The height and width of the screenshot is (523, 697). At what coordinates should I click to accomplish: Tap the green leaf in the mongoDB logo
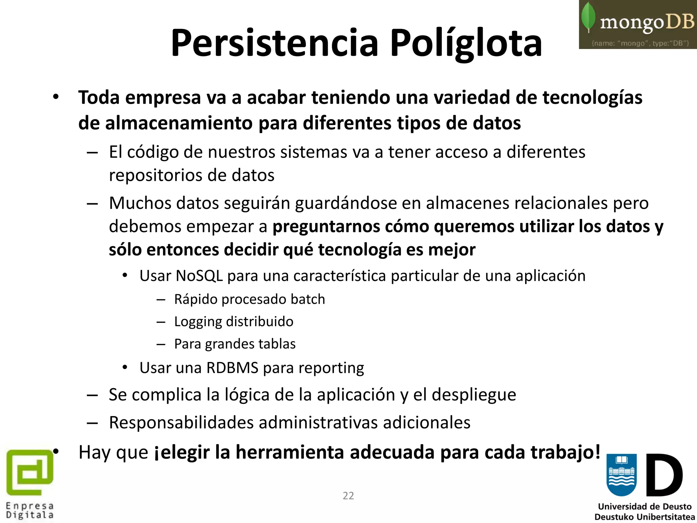pos(588,17)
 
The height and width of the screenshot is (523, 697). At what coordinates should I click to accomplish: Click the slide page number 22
pos(348,496)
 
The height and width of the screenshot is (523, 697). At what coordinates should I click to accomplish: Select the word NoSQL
pos(199,276)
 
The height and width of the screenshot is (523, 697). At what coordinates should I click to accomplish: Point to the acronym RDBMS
pos(232,368)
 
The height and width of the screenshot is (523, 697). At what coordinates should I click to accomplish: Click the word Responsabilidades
pos(181,423)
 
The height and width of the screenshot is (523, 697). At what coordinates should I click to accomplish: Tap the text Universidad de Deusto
pos(645,506)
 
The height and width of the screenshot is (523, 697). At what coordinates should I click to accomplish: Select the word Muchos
pos(140,203)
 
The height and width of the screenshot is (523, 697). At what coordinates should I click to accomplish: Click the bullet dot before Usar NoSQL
pos(125,275)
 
